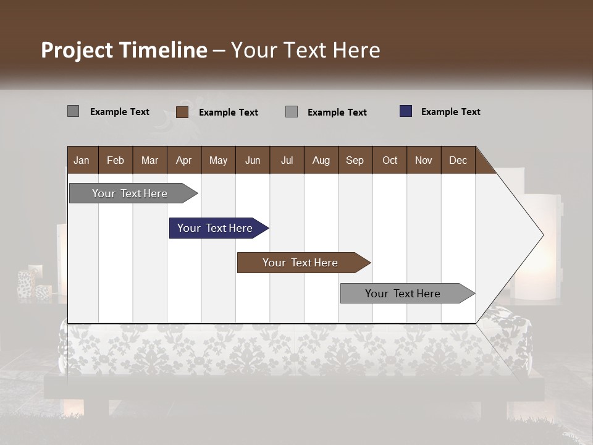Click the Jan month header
click(x=82, y=160)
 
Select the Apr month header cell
click(x=183, y=160)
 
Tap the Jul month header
click(x=287, y=160)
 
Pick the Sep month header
click(x=355, y=160)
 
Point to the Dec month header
click(x=458, y=160)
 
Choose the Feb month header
click(x=116, y=160)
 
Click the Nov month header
click(x=423, y=160)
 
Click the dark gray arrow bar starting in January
click(x=130, y=193)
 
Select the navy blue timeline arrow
click(x=215, y=228)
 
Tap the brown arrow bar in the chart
click(x=300, y=263)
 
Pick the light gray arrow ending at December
click(x=403, y=294)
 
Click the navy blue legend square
click(x=406, y=111)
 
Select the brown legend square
click(x=182, y=112)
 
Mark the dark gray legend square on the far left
click(x=73, y=111)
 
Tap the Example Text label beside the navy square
click(x=450, y=112)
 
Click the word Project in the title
click(x=77, y=50)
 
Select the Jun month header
click(x=253, y=160)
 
